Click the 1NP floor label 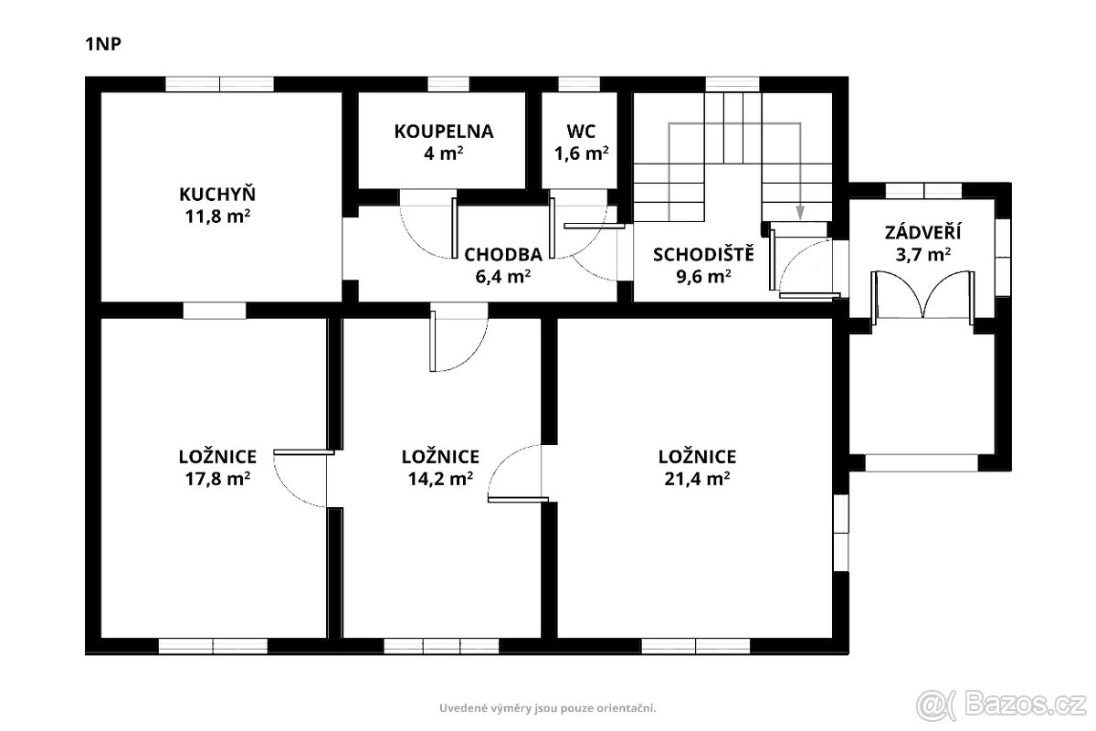tap(103, 44)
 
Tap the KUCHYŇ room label tap(217, 194)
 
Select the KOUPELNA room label tap(444, 132)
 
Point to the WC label tap(581, 132)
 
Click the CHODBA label tap(503, 255)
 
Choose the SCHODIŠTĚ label tap(703, 254)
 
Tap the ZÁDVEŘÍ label tap(922, 231)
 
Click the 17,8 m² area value tap(217, 479)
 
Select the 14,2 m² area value tap(440, 479)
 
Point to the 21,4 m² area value tap(697, 479)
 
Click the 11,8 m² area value tap(217, 217)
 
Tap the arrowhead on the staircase tap(800, 213)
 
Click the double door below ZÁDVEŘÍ tap(922, 295)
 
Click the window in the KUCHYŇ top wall tap(219, 84)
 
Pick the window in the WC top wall tap(579, 84)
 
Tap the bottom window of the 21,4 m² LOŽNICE tap(695, 646)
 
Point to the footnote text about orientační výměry tap(547, 708)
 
